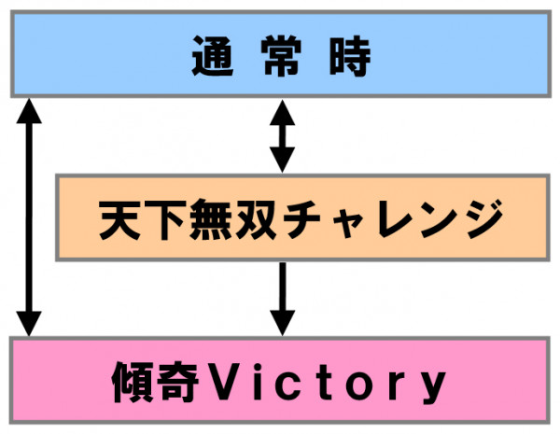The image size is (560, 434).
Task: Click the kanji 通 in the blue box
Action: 213,59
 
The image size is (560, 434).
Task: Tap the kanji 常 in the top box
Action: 280,59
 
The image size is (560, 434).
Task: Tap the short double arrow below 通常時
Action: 281,137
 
